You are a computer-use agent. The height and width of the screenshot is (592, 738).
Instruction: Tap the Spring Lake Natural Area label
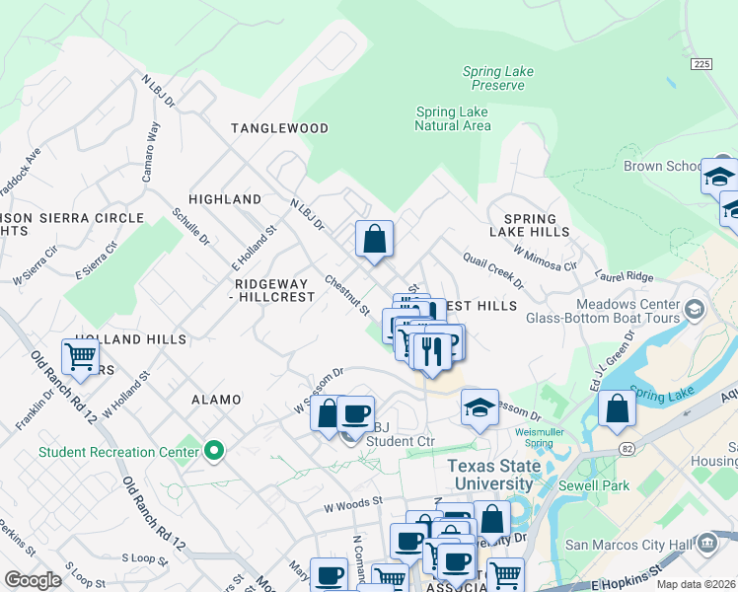452,118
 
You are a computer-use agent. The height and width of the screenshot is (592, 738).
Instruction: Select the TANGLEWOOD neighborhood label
279,128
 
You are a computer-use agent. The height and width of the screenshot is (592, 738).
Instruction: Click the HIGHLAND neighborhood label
225,199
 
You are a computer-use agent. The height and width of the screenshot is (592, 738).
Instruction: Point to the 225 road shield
701,63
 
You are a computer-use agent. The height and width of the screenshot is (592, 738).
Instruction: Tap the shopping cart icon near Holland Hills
80,356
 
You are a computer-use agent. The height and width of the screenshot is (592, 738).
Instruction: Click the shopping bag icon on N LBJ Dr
375,239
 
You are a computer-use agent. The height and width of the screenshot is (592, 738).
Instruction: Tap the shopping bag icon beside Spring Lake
617,408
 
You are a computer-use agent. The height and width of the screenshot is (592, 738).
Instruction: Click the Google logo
33,580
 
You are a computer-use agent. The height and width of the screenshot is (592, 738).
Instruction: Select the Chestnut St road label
346,295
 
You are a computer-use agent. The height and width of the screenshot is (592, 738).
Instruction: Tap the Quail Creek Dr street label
493,269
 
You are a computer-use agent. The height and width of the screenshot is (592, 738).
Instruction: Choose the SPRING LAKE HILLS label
537,225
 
